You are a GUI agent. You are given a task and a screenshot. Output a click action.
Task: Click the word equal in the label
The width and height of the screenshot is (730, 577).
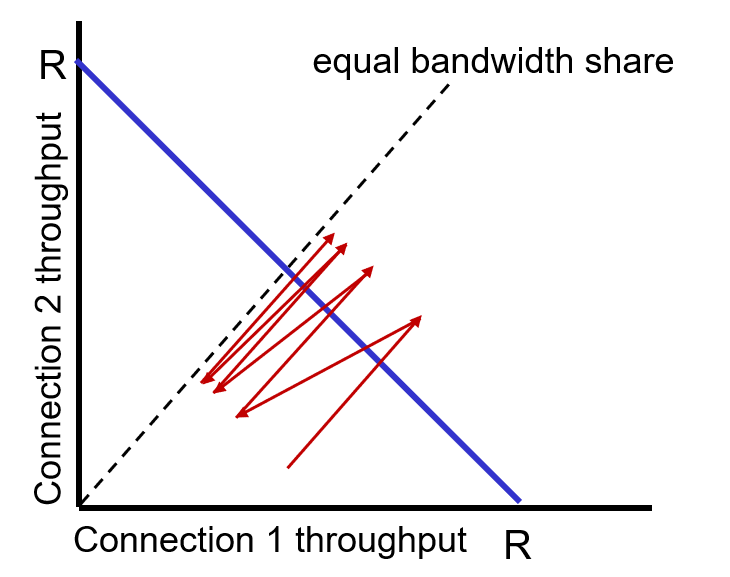[x=351, y=63]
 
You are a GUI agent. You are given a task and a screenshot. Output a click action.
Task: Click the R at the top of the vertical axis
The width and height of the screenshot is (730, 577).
[x=52, y=67]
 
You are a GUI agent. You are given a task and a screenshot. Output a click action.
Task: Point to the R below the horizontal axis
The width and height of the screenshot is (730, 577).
[x=517, y=546]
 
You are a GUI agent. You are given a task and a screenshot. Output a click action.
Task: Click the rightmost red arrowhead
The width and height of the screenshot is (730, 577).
[x=419, y=318]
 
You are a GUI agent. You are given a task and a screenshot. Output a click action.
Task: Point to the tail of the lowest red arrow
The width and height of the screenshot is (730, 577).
[x=288, y=467]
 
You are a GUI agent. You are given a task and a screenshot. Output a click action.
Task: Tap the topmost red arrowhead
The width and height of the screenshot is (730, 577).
[x=331, y=236]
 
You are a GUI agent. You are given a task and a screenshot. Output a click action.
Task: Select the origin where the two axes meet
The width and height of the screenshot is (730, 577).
[x=78, y=506]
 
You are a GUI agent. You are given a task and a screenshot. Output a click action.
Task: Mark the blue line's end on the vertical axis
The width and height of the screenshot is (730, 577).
[x=78, y=64]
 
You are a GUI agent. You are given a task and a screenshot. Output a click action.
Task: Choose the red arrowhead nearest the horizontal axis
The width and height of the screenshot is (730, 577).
[x=238, y=414]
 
